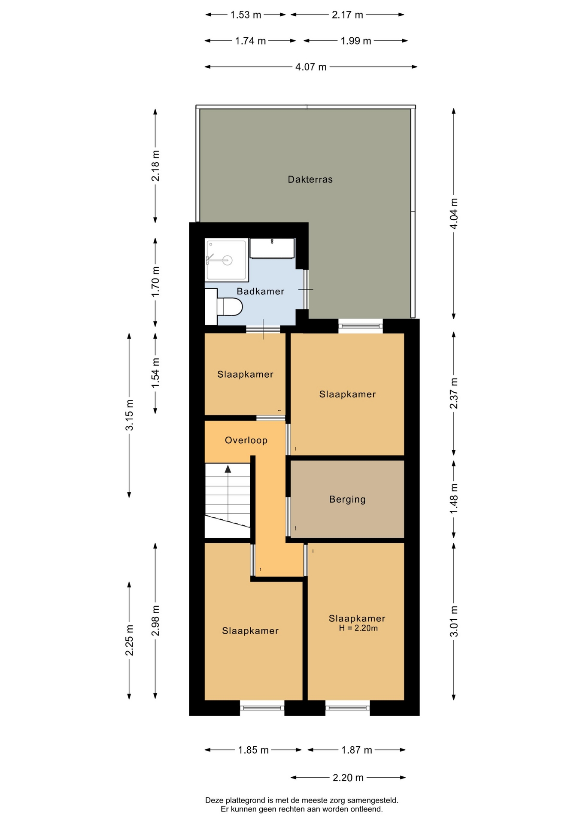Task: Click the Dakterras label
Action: coord(310,179)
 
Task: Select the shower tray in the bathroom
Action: coord(226,260)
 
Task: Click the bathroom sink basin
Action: coord(272,248)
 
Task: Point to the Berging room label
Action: coord(347,499)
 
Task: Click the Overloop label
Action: coord(246,440)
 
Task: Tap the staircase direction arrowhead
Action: coord(228,469)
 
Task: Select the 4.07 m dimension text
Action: coord(311,67)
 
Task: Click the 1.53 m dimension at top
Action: coord(246,15)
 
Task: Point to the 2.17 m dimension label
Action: coord(347,15)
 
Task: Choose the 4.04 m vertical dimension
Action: coord(454,213)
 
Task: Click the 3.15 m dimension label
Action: coord(129,415)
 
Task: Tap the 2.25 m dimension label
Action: coord(129,640)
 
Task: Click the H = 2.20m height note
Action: coord(358,628)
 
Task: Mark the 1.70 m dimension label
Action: coord(155,282)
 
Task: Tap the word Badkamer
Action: coord(261,291)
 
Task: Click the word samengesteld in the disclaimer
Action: coord(373,800)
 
